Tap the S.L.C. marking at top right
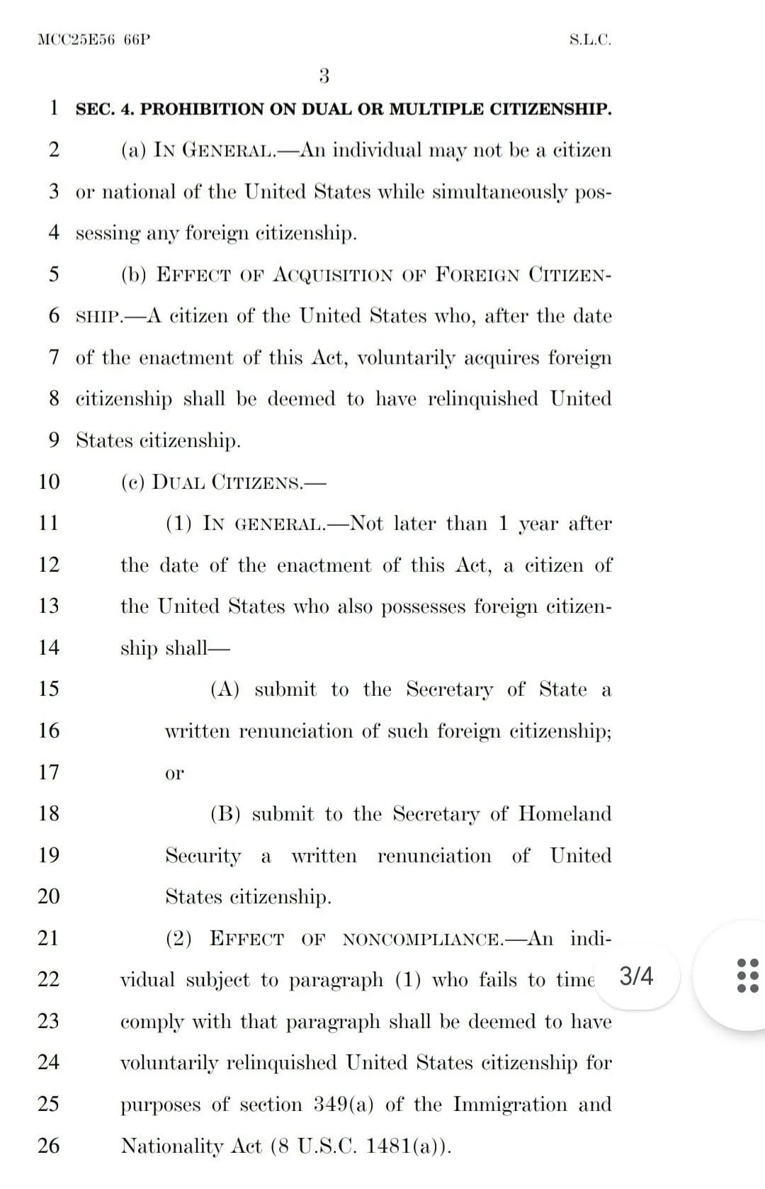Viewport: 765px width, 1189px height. [x=590, y=40]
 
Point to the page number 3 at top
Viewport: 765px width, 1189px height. [x=324, y=76]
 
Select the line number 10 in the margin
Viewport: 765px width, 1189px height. [x=49, y=482]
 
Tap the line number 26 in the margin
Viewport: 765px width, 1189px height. [x=49, y=1145]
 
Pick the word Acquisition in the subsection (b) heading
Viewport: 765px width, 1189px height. [x=332, y=275]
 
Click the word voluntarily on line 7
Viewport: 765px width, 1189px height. [x=406, y=358]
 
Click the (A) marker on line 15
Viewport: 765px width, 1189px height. [x=225, y=689]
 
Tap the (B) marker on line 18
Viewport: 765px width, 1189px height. [x=225, y=814]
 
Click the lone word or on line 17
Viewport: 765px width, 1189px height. [x=174, y=773]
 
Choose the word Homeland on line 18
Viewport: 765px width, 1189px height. [x=565, y=813]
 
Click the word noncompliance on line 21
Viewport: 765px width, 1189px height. [x=423, y=940]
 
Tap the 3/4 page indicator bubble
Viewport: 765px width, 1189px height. [x=636, y=977]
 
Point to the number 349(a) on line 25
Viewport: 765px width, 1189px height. [x=338, y=1105]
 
